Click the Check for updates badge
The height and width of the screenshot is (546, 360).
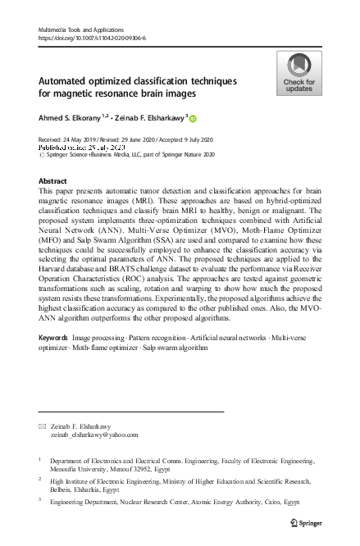299,73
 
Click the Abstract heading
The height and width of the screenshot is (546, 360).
53,180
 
